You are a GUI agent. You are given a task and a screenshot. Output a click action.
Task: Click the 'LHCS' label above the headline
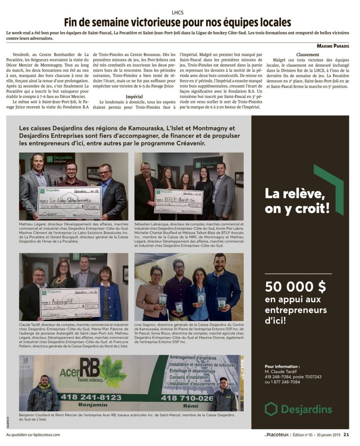pos(178,12)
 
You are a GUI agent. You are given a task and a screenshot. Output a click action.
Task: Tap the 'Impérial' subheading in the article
pos(134,96)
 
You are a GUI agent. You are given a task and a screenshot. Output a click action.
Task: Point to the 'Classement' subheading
pos(308,54)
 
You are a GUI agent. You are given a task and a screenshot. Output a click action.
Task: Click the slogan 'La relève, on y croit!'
pos(297,201)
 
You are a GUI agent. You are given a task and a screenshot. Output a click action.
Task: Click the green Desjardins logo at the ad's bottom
pos(298,409)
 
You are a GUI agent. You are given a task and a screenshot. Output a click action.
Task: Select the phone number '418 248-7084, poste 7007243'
pos(293,376)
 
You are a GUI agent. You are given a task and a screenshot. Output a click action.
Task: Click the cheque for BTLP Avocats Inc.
pos(179,201)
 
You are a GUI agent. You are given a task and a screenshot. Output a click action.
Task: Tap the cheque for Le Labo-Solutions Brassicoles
pos(70,202)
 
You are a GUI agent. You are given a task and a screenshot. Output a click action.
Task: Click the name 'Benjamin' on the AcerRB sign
pos(93,405)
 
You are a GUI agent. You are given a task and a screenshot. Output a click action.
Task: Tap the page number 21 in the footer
pos(346,434)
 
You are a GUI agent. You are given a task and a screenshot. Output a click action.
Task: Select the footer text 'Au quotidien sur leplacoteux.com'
pos(33,434)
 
